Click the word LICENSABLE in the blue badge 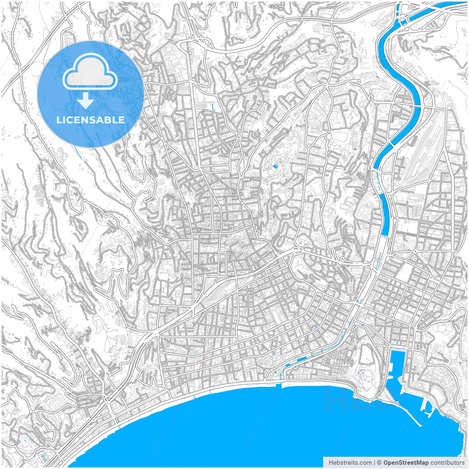[x=91, y=120]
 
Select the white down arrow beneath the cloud [x=85, y=101]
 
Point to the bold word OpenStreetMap [x=406, y=463]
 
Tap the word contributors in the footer [x=447, y=463]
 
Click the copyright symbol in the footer [x=380, y=463]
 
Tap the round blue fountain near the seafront [x=276, y=372]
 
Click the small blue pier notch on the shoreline [x=282, y=385]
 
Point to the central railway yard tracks [x=220, y=286]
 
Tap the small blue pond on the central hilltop [x=276, y=167]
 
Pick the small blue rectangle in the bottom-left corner [x=43, y=457]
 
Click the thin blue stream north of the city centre [x=214, y=107]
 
